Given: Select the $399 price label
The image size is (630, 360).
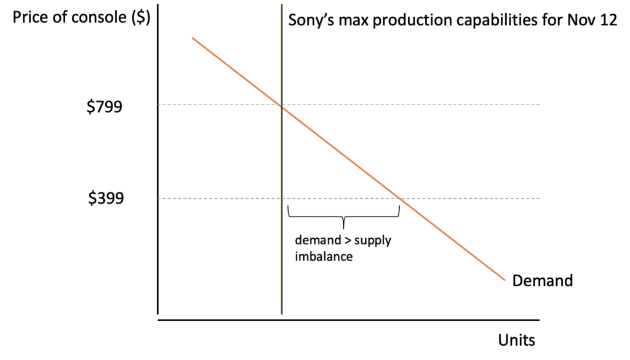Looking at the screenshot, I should (105, 199).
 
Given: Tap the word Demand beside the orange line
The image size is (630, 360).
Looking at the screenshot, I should (542, 281).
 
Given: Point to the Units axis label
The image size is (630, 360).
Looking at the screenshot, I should (516, 340).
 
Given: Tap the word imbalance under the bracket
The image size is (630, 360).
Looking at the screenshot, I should (324, 256).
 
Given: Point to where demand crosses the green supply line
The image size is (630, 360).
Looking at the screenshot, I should (282, 106).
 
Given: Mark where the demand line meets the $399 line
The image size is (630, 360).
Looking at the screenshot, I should (401, 198).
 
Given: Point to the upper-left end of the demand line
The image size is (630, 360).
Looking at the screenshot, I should (193, 38).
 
